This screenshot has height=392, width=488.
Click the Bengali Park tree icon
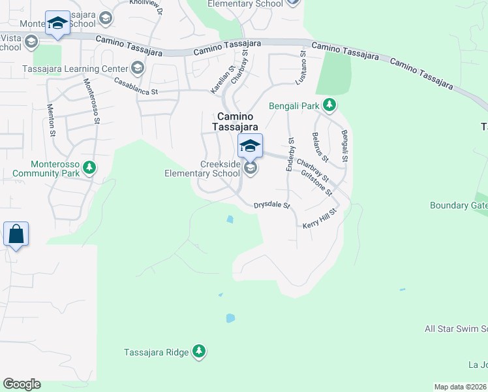pos(330,105)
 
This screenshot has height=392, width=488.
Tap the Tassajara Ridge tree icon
pos(199,352)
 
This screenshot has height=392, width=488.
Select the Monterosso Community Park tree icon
pos(89,169)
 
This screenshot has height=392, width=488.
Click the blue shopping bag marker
pos(16,234)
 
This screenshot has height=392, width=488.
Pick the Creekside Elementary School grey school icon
pos(250,169)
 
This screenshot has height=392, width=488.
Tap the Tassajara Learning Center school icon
pos(138,68)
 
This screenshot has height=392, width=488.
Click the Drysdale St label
pos(272,205)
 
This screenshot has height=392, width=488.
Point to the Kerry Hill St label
pos(319,219)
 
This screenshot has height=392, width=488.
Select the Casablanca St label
pos(136,87)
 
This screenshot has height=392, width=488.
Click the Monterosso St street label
pos(91,101)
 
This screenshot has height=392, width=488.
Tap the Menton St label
pos(51,120)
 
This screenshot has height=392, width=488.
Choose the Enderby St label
pos(290,155)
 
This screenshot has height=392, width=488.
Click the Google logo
pos(22,384)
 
